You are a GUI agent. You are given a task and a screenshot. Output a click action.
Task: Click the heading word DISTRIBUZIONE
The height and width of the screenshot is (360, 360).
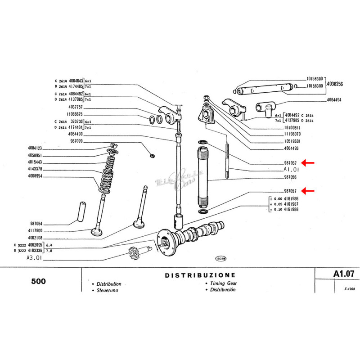click(200, 275)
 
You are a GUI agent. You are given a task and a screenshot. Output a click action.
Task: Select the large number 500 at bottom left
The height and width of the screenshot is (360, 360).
click(39, 282)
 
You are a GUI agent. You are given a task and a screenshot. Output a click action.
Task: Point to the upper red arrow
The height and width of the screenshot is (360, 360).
click(308, 163)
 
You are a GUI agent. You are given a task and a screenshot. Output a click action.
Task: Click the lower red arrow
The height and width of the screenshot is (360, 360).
click(308, 191)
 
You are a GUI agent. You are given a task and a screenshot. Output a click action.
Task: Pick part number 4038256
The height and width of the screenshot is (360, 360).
click(335, 84)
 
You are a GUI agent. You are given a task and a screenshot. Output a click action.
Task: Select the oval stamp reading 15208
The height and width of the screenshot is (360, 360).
click(220, 259)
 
